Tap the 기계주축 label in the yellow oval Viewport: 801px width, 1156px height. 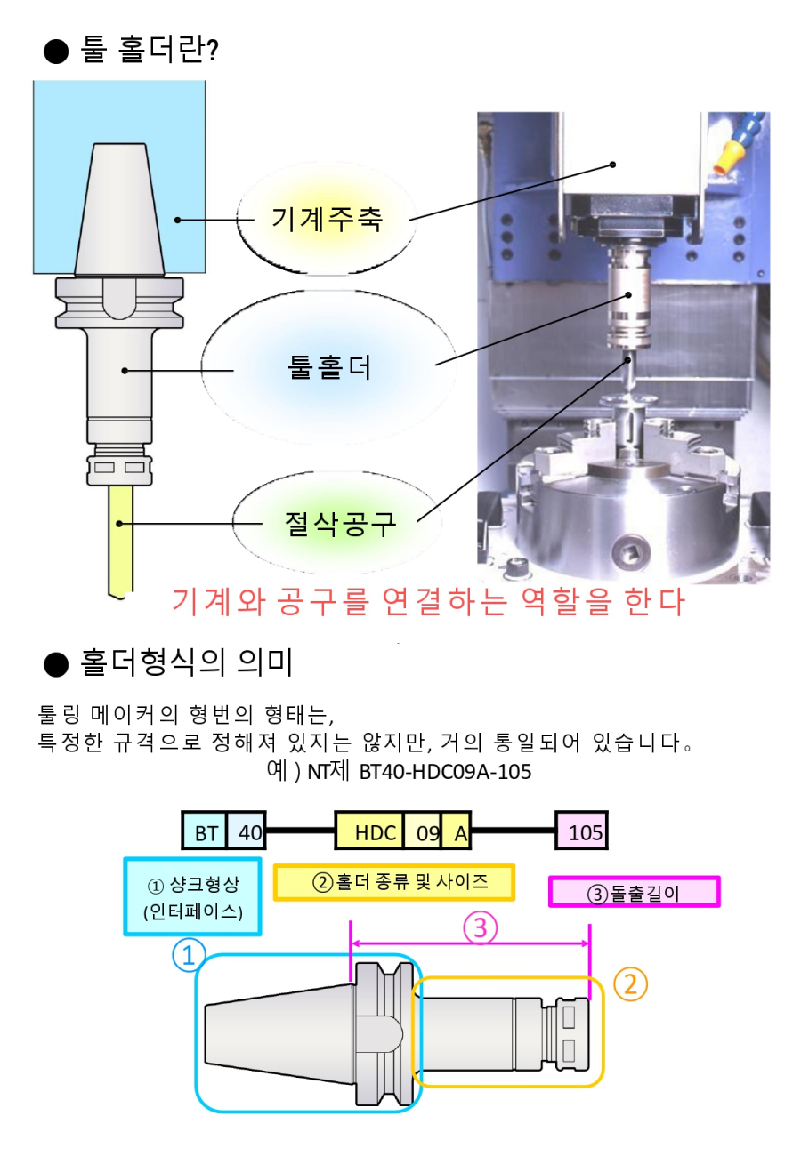pos(327,219)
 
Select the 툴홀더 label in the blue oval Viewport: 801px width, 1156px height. pos(330,365)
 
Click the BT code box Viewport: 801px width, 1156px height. pos(205,833)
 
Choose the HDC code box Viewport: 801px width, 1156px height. pos(368,833)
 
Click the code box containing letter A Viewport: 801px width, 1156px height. pos(457,833)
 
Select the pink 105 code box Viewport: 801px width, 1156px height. pos(583,833)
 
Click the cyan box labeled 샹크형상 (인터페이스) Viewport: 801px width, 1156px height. pos(192,896)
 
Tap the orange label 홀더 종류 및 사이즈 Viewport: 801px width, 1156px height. pos(394,881)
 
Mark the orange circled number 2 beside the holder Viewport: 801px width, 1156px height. pos(629,983)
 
